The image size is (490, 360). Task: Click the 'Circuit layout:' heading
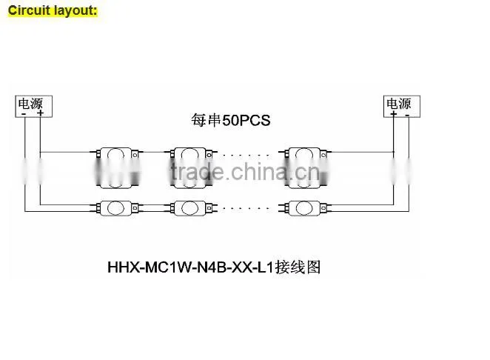coord(53,10)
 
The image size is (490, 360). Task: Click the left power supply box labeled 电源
coord(34,107)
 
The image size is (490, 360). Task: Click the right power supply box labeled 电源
coord(402,107)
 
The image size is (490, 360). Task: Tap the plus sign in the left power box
coord(40,113)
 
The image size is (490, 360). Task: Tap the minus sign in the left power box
coord(24,114)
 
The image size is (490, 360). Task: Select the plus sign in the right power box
coord(394,113)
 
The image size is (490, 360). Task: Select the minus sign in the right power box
coord(408,115)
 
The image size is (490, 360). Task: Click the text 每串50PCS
coord(231,121)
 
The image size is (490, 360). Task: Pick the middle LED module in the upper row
coord(191,167)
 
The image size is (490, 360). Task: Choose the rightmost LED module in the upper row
coord(306,167)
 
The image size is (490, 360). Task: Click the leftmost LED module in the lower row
coord(116,208)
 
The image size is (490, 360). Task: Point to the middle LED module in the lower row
coord(191,208)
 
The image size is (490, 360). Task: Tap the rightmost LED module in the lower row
coord(305,208)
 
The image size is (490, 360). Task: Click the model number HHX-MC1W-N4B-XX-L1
coord(191,267)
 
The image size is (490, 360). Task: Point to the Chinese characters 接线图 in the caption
coord(298,267)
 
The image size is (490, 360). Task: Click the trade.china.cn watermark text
coord(246,172)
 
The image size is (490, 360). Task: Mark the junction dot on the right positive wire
coord(394,152)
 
